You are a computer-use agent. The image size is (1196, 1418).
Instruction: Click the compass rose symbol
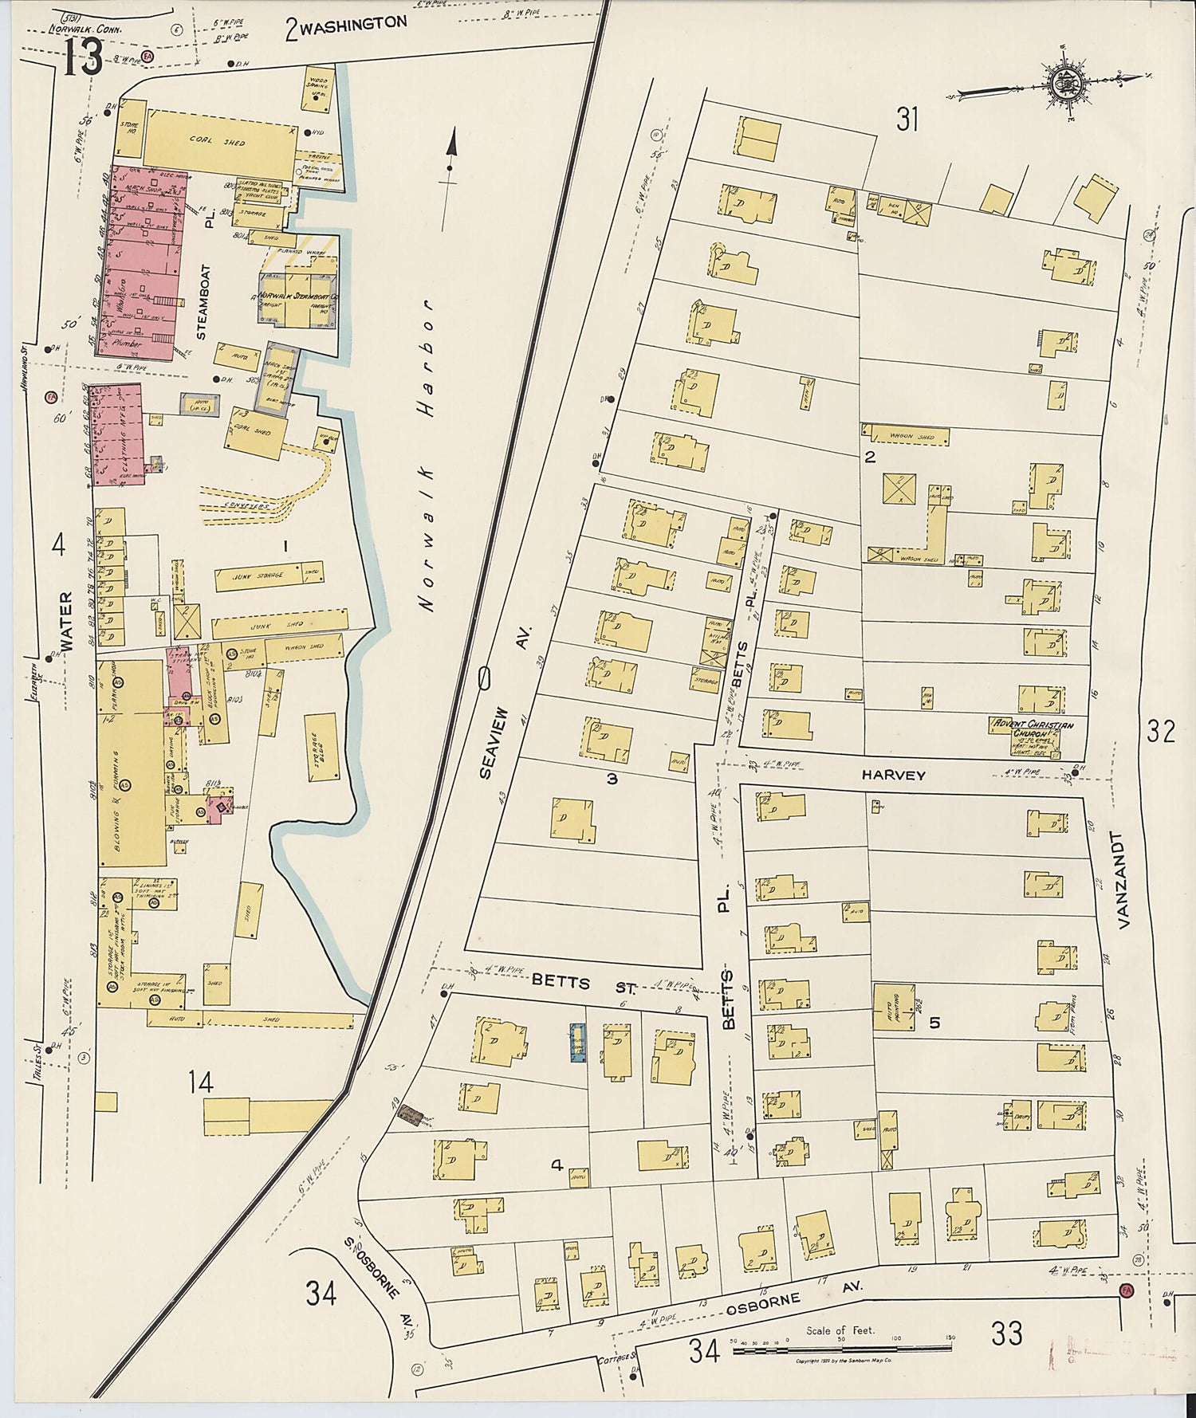pyautogui.click(x=1063, y=81)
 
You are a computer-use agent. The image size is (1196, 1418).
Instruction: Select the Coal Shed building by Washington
pyautogui.click(x=218, y=141)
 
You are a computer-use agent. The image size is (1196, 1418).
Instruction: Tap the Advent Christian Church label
pyautogui.click(x=1032, y=729)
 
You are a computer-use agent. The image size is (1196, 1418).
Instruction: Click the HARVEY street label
pyautogui.click(x=893, y=775)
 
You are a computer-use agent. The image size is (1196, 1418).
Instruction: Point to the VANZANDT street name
pyautogui.click(x=1124, y=881)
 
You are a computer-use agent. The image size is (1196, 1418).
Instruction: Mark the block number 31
pyautogui.click(x=907, y=120)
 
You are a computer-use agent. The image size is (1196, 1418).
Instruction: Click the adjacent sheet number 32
pyautogui.click(x=1160, y=730)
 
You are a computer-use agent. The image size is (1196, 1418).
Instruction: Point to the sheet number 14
pyautogui.click(x=200, y=1082)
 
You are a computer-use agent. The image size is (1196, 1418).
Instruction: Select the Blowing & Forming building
pyautogui.click(x=131, y=762)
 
